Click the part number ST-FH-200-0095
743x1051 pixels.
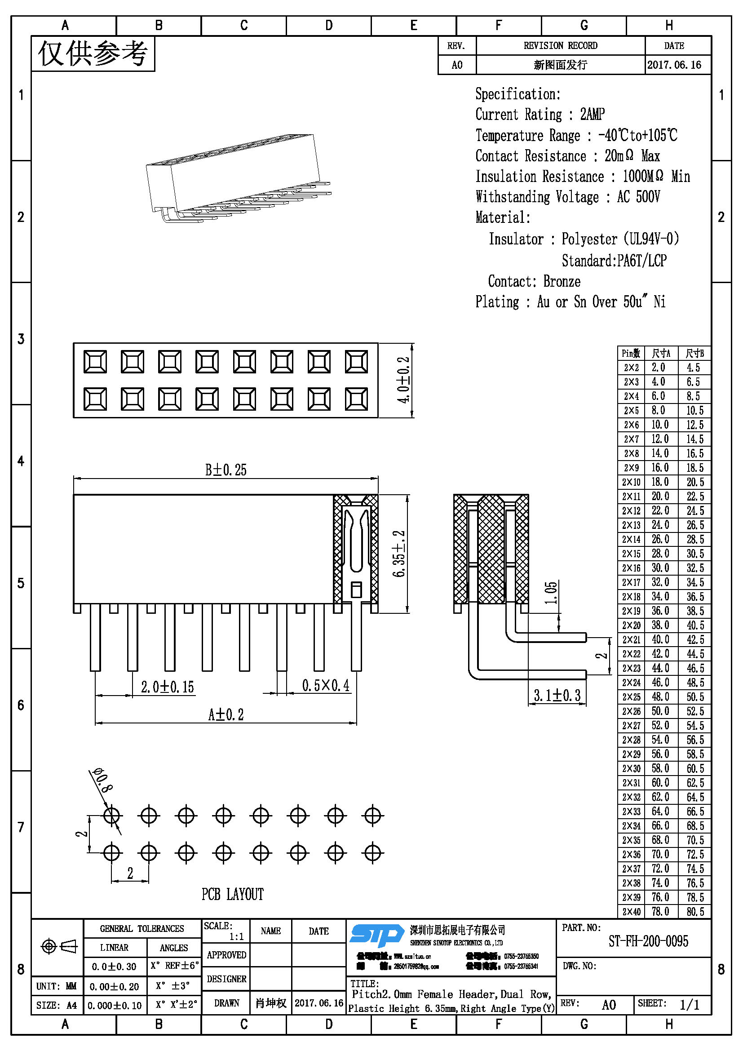pyautogui.click(x=648, y=941)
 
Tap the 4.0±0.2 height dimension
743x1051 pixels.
pyautogui.click(x=403, y=380)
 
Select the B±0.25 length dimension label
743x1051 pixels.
pyautogui.click(x=226, y=470)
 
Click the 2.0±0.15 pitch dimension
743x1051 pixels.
pyautogui.click(x=168, y=687)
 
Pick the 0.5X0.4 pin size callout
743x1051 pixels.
pyautogui.click(x=325, y=686)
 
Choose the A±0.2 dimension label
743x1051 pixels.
pyautogui.click(x=226, y=714)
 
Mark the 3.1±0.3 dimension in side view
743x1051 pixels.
pyautogui.click(x=557, y=696)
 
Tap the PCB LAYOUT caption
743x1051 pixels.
pyautogui.click(x=232, y=894)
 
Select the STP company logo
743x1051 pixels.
pyautogui.click(x=377, y=935)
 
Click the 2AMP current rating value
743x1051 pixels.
pyautogui.click(x=593, y=114)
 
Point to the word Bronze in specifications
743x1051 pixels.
pyautogui.click(x=562, y=281)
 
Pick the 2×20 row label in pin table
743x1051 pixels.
pyautogui.click(x=631, y=625)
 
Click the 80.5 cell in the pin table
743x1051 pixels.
pyautogui.click(x=695, y=911)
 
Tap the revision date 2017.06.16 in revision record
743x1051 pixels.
pyautogui.click(x=674, y=65)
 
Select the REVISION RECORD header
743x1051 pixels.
pyautogui.click(x=561, y=45)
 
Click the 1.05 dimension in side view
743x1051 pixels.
pyautogui.click(x=551, y=593)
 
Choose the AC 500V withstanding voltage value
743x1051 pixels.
pyautogui.click(x=638, y=197)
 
